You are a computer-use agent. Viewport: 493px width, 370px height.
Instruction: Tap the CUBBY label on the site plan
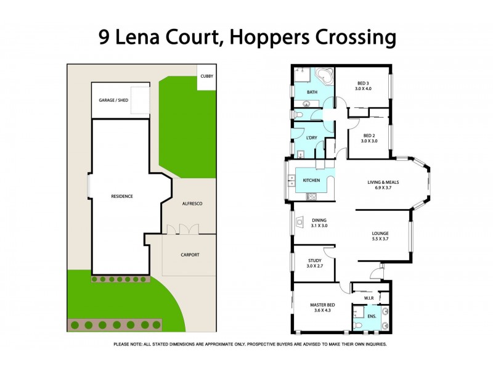206,76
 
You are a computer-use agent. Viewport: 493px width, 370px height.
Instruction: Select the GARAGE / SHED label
113,100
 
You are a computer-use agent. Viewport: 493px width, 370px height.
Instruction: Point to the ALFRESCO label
191,203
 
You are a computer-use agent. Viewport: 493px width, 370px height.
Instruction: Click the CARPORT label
190,255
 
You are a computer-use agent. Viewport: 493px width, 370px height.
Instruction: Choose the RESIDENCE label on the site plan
121,196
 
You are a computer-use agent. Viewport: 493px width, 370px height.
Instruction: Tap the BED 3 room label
363,83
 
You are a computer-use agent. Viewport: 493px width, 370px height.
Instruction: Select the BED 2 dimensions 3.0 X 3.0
369,141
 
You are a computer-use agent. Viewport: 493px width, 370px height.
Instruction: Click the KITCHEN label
311,180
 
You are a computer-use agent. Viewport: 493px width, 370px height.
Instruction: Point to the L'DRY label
311,138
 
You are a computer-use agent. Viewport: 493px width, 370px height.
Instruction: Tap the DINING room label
319,220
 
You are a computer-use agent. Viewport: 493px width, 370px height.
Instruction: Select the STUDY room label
314,261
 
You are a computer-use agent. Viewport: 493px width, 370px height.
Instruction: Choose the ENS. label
371,316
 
